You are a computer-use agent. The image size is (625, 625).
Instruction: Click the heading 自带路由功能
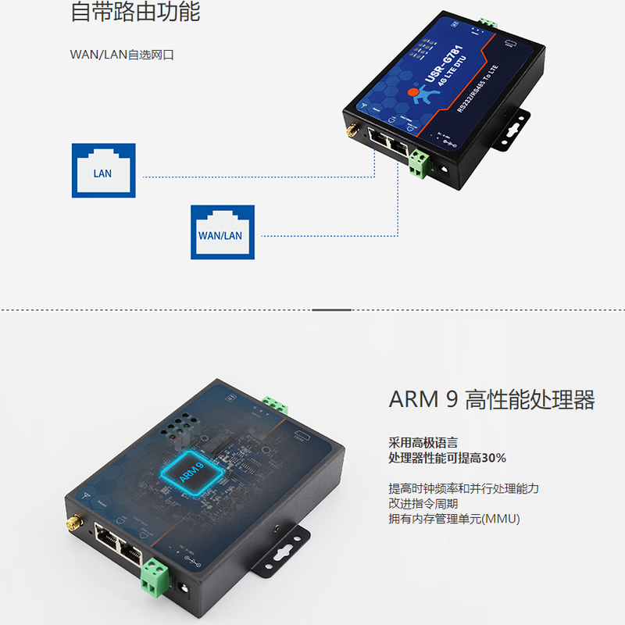(x=134, y=12)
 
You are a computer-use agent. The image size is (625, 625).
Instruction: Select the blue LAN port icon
(x=103, y=170)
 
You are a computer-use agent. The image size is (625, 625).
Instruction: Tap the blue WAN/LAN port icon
(x=223, y=232)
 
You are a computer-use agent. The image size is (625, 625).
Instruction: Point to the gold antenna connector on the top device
(x=352, y=129)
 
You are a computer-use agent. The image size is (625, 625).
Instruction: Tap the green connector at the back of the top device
(x=487, y=23)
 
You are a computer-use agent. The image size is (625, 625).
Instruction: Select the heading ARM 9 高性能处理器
(x=491, y=400)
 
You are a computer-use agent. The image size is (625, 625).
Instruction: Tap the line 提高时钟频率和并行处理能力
(x=464, y=488)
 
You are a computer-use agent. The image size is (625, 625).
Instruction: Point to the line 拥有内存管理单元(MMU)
(x=454, y=520)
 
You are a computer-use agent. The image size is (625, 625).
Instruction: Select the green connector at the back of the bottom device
(x=275, y=404)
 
